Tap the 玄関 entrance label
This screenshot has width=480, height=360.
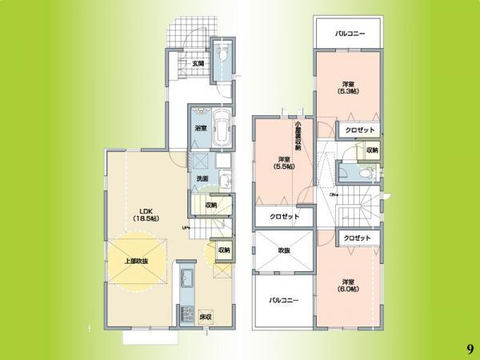[x=197, y=62]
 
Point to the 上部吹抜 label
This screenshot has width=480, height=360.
[x=134, y=261]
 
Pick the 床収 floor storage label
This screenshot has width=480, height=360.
[x=206, y=318]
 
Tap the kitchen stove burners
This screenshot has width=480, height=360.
[x=189, y=313]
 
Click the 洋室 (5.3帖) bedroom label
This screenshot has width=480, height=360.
[x=346, y=87]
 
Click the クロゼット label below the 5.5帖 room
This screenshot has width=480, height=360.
[x=284, y=217]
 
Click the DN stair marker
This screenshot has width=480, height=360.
[x=332, y=195]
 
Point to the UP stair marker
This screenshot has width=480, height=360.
[x=186, y=230]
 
